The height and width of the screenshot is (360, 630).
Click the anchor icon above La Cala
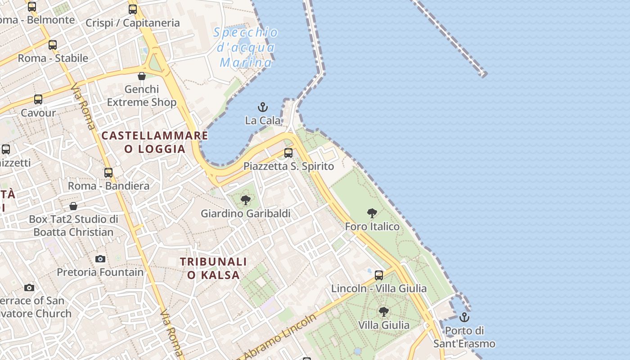click(x=262, y=107)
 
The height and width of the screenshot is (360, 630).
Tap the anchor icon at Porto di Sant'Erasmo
click(x=464, y=318)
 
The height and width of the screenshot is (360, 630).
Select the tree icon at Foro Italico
click(x=372, y=213)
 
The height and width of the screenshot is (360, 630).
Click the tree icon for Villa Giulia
click(x=383, y=311)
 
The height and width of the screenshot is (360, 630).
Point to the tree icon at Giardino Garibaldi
click(x=246, y=200)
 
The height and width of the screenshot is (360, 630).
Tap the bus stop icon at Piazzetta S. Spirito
click(x=288, y=153)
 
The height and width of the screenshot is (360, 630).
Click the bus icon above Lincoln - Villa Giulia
click(x=379, y=275)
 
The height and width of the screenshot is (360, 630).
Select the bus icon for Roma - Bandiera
click(x=108, y=173)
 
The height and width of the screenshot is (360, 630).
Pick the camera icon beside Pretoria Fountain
click(x=100, y=259)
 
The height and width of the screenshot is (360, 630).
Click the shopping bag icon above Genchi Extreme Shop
click(x=142, y=76)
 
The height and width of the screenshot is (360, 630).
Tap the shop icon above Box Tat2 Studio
click(x=73, y=206)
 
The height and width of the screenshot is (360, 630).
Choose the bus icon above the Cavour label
click(x=38, y=99)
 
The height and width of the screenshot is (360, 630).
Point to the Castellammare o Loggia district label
click(x=155, y=142)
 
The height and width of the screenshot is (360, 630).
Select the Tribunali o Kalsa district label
click(x=213, y=268)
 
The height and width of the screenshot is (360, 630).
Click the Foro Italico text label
click(x=372, y=226)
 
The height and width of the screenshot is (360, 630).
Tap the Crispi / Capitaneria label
click(x=132, y=23)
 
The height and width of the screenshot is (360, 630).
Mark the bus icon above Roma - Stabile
click(x=53, y=45)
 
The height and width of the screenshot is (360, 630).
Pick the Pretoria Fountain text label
click(x=100, y=272)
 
